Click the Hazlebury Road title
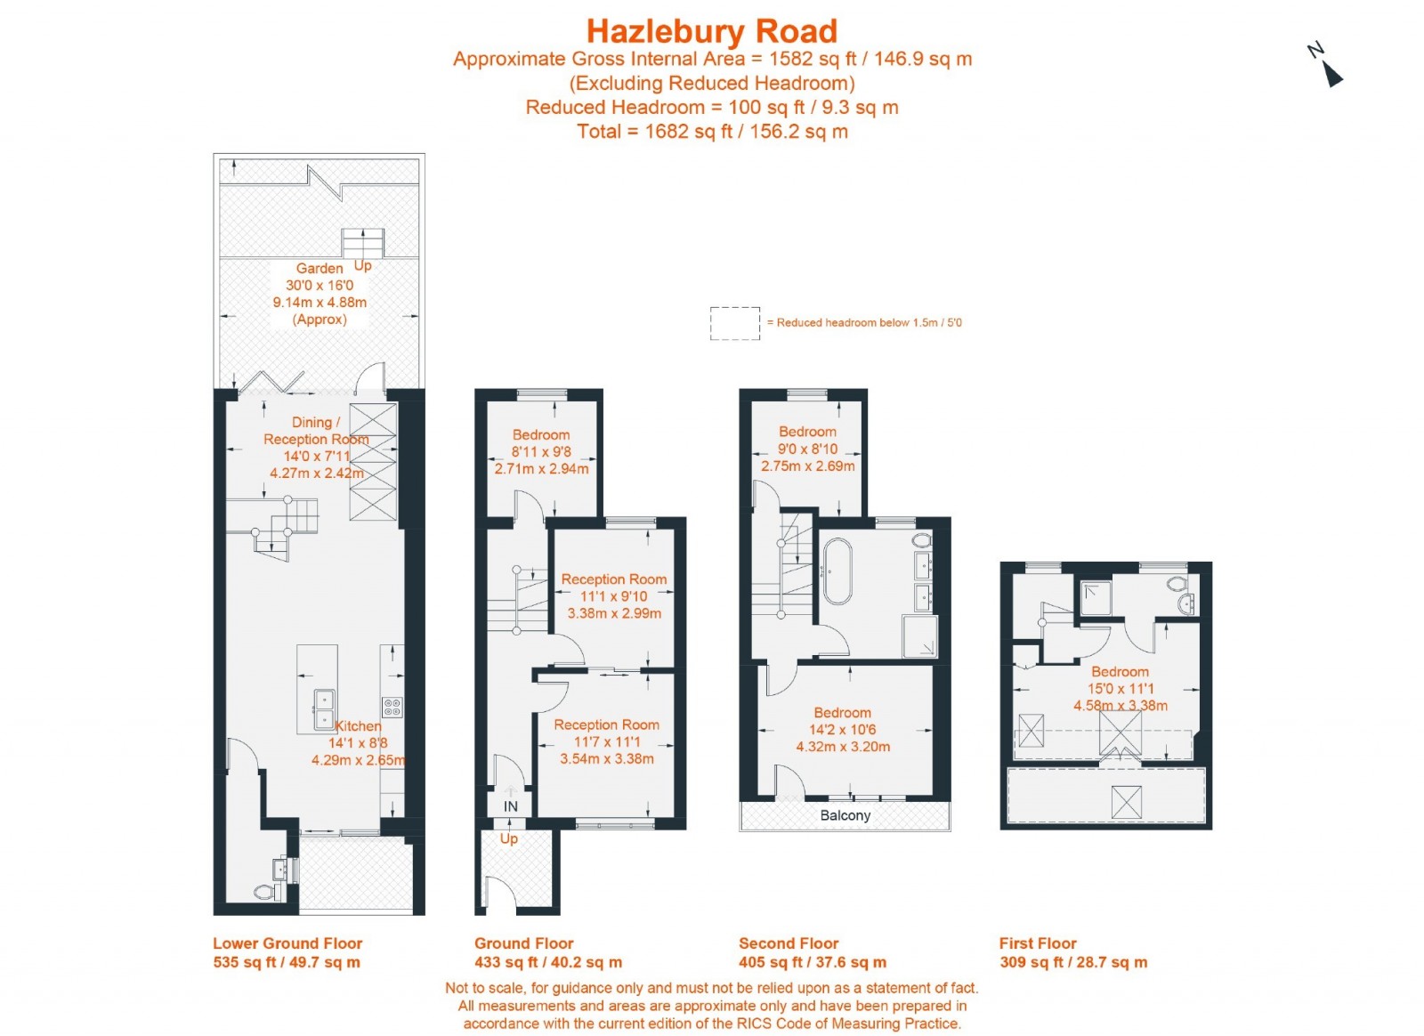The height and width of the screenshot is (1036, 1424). [x=711, y=31]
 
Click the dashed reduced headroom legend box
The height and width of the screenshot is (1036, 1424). [x=734, y=323]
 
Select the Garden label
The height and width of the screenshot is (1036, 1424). [x=319, y=268]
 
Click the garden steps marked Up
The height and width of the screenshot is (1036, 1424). [x=362, y=242]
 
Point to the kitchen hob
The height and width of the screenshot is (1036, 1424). [x=392, y=708]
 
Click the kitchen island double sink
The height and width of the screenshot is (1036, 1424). [x=324, y=709]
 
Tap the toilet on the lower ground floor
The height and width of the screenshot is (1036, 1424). [x=265, y=891]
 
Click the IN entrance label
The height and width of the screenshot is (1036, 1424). [x=510, y=806]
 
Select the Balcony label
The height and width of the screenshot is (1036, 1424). [x=845, y=815]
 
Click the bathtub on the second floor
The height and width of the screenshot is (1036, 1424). [x=837, y=571]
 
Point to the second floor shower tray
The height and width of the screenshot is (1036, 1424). [x=919, y=636]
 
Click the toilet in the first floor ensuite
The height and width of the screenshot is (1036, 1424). [x=1177, y=585]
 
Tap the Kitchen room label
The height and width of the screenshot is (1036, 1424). [x=358, y=726]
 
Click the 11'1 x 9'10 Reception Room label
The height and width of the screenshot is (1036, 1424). [x=613, y=579]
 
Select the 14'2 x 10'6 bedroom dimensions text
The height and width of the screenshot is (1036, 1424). [x=842, y=730]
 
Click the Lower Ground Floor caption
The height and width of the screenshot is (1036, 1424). [x=287, y=943]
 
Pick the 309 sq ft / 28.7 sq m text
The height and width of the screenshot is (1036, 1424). [x=1072, y=962]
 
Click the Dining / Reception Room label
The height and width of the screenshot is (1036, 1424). [x=315, y=431]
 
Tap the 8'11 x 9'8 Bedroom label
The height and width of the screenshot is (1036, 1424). [x=540, y=435]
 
